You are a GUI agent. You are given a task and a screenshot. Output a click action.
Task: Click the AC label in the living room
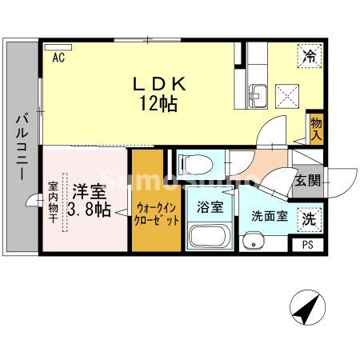coord(58,58)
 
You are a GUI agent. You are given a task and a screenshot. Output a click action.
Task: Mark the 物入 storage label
coord(316,128)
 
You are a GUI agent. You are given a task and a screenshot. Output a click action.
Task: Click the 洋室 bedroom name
coord(88,191)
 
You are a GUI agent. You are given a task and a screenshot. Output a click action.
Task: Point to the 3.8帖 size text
coord(90,210)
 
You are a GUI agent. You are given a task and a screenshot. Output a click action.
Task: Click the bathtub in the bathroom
coord(210,237)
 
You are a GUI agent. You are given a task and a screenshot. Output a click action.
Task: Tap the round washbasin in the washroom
coord(255,240)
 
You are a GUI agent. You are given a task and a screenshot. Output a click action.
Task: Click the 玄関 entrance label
coord(308,181)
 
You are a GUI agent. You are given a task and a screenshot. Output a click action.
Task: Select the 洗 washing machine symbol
coord(308,218)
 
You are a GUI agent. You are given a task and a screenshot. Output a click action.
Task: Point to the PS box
coord(308,245)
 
